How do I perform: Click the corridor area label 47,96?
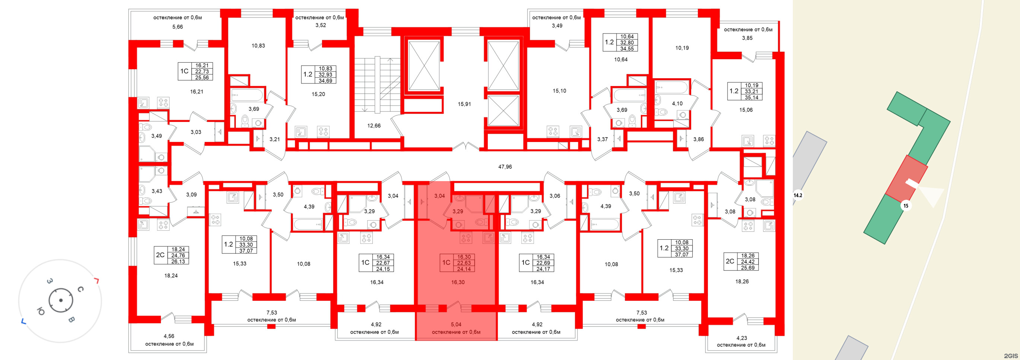[x=505, y=167]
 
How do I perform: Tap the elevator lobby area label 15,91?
[x=464, y=104]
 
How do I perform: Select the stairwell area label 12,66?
[x=374, y=126]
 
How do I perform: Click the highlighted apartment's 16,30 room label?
[x=458, y=282]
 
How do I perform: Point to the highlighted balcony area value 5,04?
[x=456, y=324]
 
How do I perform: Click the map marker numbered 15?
[x=906, y=206]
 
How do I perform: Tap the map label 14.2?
[x=797, y=195]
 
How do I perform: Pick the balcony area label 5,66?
[x=177, y=27]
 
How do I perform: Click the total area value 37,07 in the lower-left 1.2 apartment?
[x=246, y=251]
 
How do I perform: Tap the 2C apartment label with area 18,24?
[x=160, y=255]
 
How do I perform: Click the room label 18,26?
[x=742, y=282]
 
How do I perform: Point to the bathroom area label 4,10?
[x=677, y=104]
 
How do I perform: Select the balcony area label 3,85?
[x=747, y=38]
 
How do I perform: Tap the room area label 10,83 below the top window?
[x=258, y=45]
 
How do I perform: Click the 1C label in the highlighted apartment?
[x=446, y=263]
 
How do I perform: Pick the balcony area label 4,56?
[x=169, y=336]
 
